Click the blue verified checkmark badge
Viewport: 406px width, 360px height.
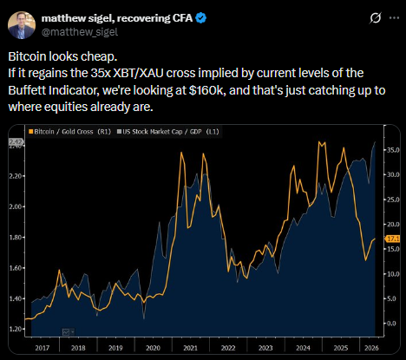(x=201, y=18)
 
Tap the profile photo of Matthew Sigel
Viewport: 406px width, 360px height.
(x=22, y=25)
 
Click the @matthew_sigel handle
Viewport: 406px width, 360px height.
(x=80, y=32)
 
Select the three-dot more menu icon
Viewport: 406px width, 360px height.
(x=394, y=18)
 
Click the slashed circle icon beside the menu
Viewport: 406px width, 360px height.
(x=376, y=18)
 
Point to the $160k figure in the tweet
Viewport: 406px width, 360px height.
(x=208, y=90)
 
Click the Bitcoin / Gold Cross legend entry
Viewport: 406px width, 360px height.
(x=69, y=132)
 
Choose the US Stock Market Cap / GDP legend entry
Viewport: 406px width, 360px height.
(x=167, y=132)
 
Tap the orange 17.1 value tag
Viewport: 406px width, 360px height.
(x=393, y=239)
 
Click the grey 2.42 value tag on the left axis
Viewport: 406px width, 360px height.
(x=16, y=141)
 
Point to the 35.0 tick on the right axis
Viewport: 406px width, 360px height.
(x=393, y=150)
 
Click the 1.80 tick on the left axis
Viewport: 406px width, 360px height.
(x=15, y=238)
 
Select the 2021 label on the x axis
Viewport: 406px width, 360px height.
(x=190, y=348)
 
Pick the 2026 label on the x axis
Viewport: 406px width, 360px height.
(x=371, y=348)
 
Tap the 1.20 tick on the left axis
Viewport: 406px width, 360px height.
(x=15, y=329)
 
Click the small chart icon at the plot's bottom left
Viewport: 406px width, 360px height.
(x=68, y=332)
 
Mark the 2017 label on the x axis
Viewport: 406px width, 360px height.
(x=43, y=348)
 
